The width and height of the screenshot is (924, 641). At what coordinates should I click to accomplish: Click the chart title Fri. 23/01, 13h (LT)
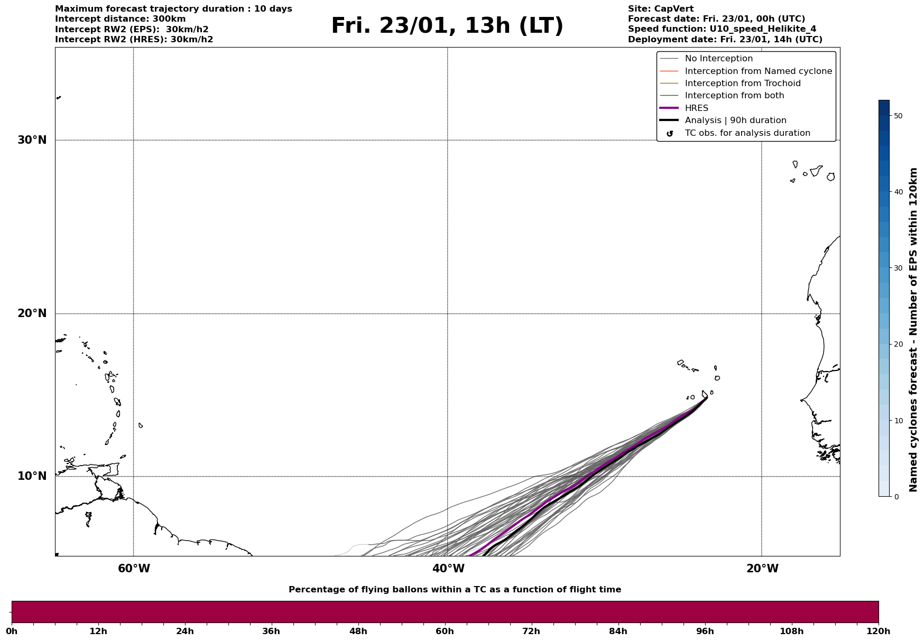click(x=447, y=26)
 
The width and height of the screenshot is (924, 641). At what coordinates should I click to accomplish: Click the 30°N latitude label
click(x=32, y=140)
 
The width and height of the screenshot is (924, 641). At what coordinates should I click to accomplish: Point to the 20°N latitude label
click(x=32, y=313)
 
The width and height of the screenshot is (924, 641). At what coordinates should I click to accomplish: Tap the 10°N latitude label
click(x=32, y=476)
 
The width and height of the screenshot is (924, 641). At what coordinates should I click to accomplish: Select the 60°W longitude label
click(x=134, y=569)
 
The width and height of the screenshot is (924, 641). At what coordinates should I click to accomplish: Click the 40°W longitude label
click(x=448, y=569)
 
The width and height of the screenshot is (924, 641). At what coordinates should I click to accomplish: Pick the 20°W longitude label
click(x=762, y=569)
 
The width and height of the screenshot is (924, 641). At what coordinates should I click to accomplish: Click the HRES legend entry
click(x=696, y=108)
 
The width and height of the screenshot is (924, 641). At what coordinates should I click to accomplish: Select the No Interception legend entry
click(x=718, y=59)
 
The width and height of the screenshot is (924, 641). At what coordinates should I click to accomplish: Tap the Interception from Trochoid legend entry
click(x=742, y=83)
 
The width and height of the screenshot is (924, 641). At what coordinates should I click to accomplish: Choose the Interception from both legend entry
click(x=734, y=96)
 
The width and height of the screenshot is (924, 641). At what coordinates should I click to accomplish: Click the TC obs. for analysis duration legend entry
click(x=747, y=133)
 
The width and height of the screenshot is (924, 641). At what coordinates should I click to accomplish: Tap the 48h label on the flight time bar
click(x=358, y=631)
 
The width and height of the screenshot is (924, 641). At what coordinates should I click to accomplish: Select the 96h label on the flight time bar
click(x=705, y=631)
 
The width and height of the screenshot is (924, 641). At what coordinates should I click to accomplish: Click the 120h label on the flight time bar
click(x=878, y=631)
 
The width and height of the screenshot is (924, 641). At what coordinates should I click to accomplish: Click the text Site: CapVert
click(x=660, y=9)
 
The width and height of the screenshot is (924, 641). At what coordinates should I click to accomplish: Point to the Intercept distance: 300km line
click(x=120, y=19)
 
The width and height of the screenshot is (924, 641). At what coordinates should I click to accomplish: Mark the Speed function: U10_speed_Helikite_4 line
click(x=722, y=29)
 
